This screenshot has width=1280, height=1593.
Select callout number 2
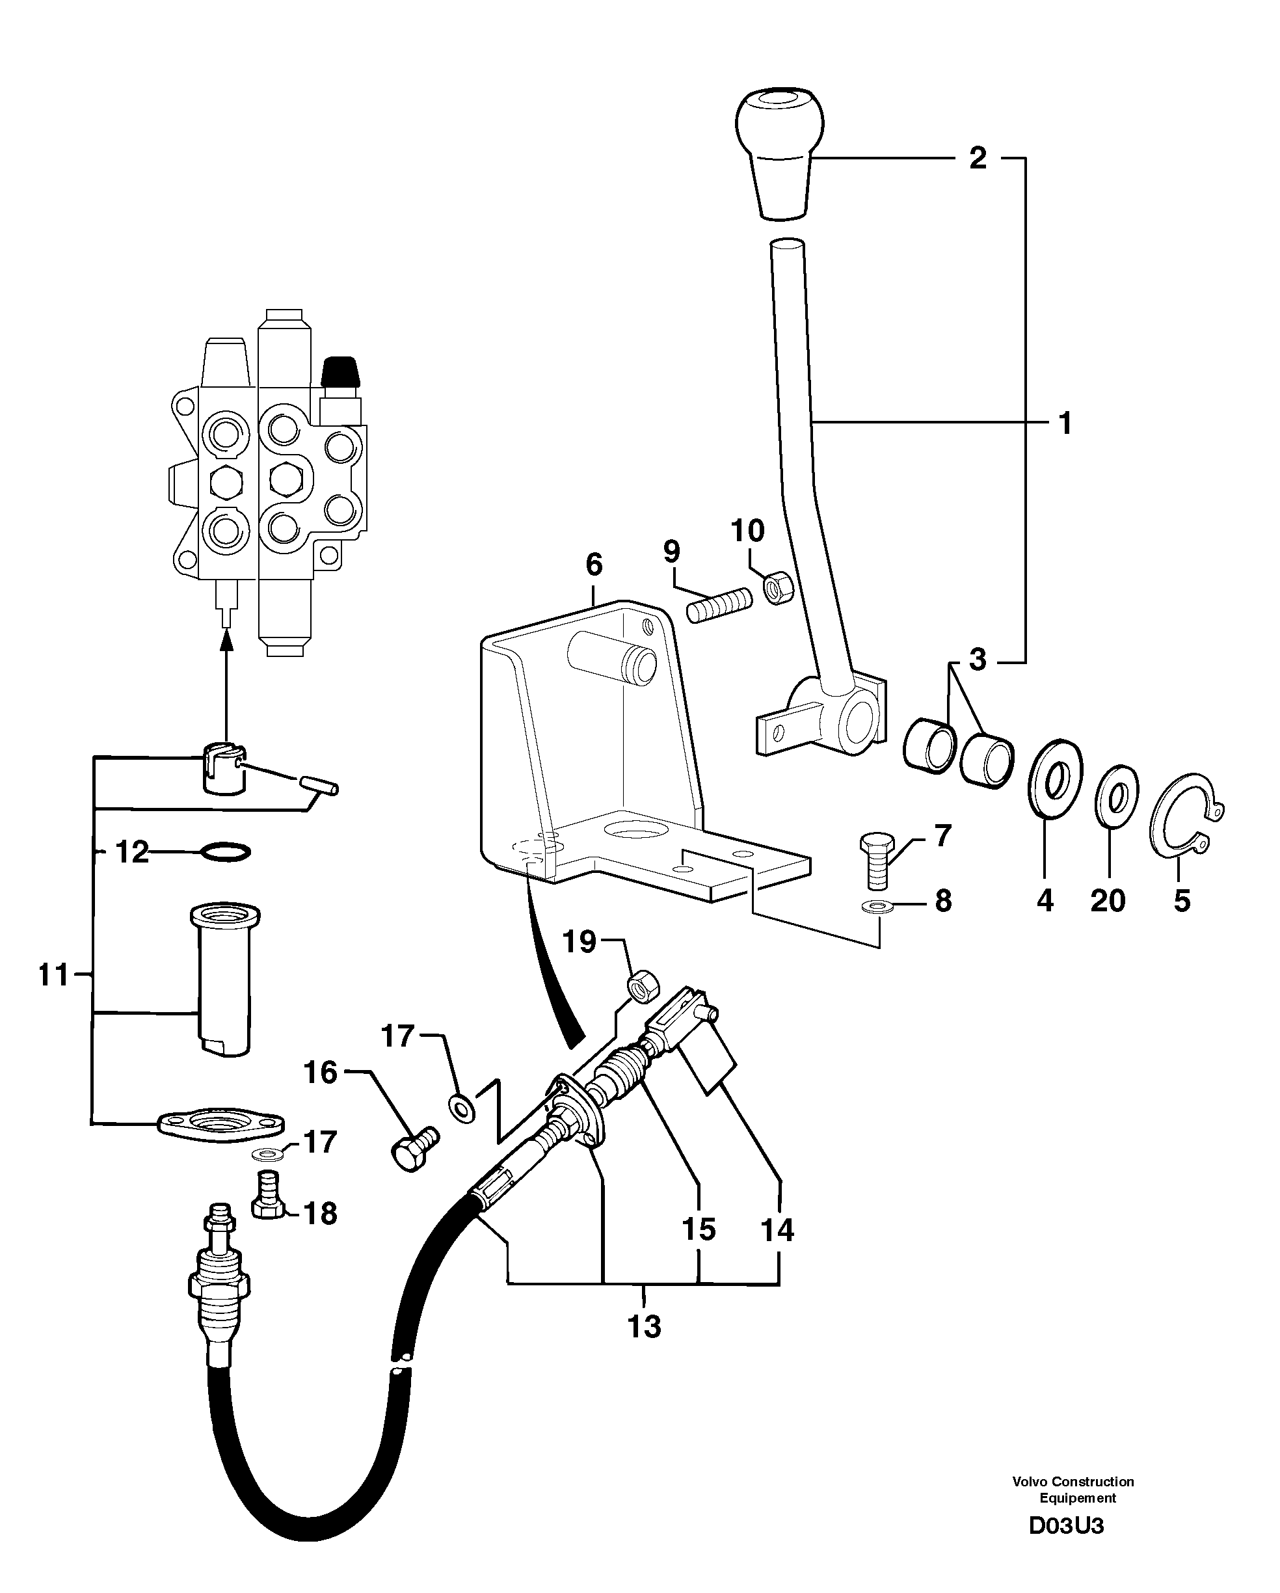977,158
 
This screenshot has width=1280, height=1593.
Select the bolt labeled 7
876,860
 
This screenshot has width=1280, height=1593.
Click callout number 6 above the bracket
594,565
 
